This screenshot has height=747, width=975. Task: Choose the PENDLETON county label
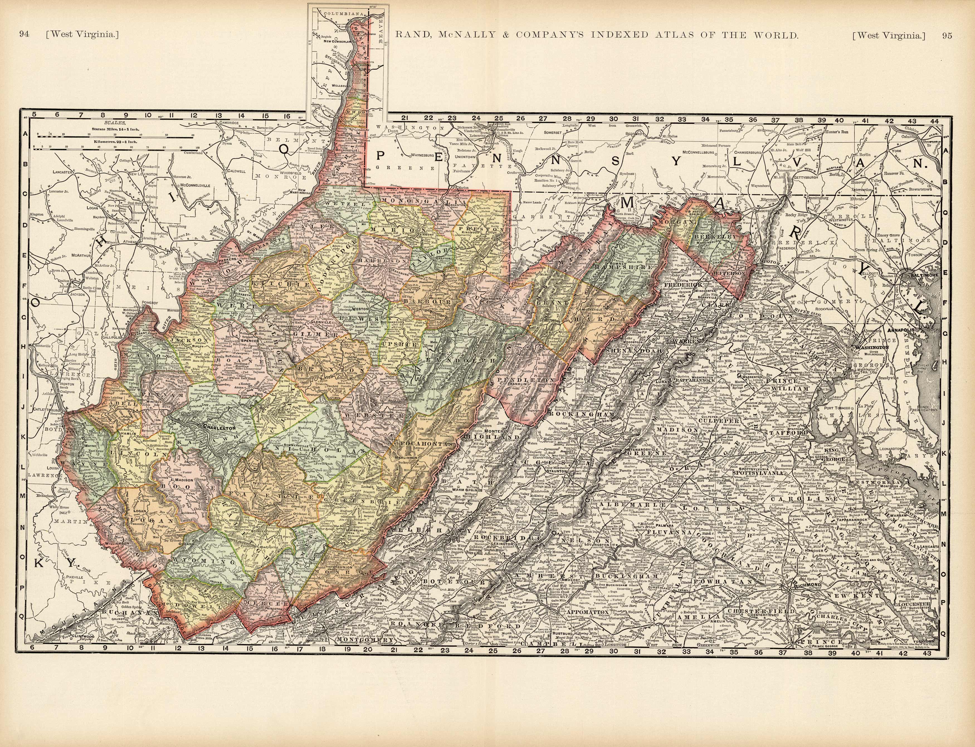pos(525,381)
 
